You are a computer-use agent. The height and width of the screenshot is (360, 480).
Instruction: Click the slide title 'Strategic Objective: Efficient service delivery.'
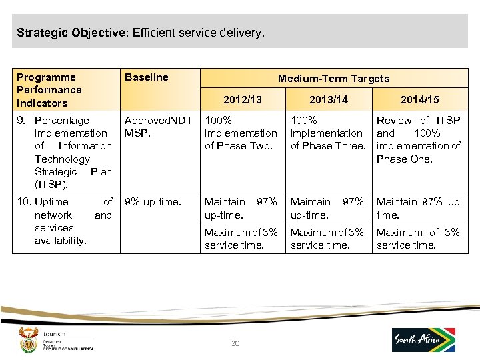[x=141, y=32]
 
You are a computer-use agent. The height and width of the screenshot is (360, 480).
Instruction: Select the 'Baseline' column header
[x=147, y=77]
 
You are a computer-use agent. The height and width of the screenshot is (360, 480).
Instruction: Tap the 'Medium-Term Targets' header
[x=333, y=79]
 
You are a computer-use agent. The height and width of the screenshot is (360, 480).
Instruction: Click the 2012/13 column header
[x=242, y=99]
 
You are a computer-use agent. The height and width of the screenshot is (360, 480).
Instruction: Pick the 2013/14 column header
[x=329, y=99]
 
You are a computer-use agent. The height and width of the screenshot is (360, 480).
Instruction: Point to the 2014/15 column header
[x=419, y=99]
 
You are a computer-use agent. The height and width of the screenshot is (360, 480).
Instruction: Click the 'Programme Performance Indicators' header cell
[x=49, y=90]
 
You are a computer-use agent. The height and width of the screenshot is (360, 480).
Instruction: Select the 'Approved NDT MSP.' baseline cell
[x=158, y=127]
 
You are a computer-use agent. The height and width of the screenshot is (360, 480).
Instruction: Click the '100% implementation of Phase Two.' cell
[x=241, y=133]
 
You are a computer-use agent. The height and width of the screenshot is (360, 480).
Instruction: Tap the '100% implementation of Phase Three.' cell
[x=328, y=133]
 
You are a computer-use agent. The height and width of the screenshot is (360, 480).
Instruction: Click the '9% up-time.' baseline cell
[x=153, y=202]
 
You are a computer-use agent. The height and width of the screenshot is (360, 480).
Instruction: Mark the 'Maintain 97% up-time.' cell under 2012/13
[x=241, y=208]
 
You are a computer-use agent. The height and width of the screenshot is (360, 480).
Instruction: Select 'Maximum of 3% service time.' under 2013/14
[x=327, y=239]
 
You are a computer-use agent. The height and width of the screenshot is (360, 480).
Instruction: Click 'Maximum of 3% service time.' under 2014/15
[x=418, y=239]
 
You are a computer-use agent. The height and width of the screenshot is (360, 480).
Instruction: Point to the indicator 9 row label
[x=67, y=153]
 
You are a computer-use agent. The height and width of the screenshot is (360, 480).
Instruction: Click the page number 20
[x=235, y=343]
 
